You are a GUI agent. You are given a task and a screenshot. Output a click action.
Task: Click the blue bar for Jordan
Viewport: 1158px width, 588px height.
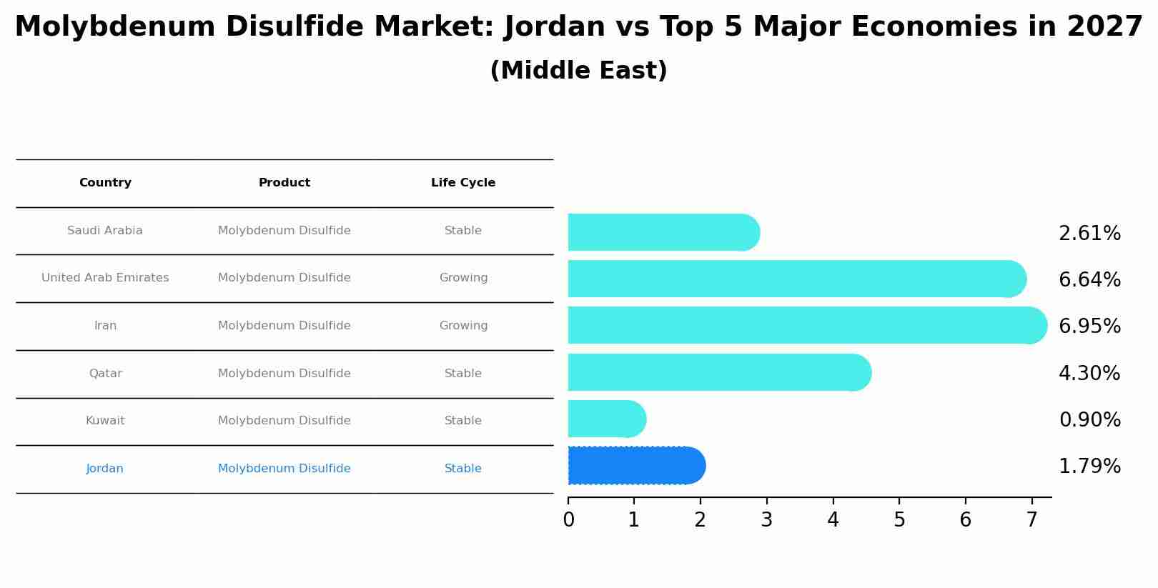636,466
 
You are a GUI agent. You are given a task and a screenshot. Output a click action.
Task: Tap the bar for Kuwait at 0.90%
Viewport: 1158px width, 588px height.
606,419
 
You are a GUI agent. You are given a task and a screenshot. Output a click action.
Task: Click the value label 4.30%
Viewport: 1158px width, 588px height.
1089,373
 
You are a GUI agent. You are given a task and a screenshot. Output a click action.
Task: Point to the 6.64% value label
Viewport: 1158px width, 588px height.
1089,279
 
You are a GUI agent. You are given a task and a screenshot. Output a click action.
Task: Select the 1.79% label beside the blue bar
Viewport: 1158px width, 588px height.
1089,467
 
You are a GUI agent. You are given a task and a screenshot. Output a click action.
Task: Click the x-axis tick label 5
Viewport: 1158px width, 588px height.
899,520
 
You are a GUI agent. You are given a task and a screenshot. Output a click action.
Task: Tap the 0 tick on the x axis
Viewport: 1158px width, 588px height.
568,520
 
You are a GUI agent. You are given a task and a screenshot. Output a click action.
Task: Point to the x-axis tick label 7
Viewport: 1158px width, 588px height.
1031,520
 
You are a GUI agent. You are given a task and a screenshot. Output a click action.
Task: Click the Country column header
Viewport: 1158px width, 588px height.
105,183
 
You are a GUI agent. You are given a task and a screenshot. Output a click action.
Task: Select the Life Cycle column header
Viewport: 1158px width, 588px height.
463,183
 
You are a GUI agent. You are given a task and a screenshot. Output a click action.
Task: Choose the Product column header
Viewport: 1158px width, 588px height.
284,183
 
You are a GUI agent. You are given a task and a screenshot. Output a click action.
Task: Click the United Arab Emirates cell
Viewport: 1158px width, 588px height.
105,278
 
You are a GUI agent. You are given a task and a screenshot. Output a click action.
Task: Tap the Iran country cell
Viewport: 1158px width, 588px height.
105,326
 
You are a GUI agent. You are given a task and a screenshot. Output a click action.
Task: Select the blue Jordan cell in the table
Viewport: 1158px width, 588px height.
105,469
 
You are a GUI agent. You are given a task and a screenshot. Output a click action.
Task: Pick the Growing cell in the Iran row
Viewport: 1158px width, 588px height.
463,326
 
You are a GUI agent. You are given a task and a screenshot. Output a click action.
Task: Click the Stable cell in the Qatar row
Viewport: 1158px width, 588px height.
463,374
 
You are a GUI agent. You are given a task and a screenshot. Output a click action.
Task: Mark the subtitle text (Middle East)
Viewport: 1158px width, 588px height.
578,71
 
